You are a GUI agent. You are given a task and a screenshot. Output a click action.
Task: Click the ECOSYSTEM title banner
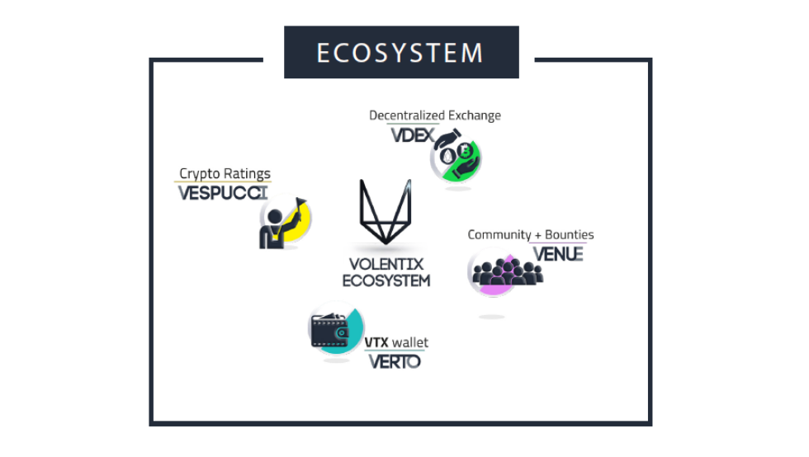click(401, 52)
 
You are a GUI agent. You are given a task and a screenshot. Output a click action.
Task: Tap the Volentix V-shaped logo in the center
click(386, 211)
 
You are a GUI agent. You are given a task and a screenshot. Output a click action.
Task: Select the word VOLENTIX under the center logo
click(386, 264)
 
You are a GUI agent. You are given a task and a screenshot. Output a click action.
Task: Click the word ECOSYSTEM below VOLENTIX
click(386, 280)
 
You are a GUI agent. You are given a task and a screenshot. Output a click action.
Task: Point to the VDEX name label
click(413, 135)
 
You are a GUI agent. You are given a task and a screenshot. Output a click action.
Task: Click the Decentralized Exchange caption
click(435, 115)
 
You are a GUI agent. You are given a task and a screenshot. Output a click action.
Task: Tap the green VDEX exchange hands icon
click(456, 156)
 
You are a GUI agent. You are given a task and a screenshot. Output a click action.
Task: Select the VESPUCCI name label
click(223, 193)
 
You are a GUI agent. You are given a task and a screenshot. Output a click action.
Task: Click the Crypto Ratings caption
click(225, 173)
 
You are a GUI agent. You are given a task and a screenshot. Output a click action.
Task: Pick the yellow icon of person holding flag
click(284, 222)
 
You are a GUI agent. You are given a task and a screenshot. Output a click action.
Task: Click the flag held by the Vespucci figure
click(300, 202)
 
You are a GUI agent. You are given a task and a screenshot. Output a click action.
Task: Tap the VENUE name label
click(558, 254)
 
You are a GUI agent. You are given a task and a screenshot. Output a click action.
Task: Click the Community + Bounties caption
click(530, 235)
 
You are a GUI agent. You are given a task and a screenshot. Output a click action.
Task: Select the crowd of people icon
click(507, 272)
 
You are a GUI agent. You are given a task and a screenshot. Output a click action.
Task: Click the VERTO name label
click(395, 361)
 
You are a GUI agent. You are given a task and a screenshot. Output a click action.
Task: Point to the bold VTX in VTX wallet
click(376, 342)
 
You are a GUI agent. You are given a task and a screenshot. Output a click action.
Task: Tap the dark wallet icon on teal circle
click(331, 331)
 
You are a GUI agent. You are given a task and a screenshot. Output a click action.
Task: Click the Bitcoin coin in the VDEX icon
click(466, 151)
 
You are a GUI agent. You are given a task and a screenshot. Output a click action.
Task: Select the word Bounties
click(569, 235)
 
